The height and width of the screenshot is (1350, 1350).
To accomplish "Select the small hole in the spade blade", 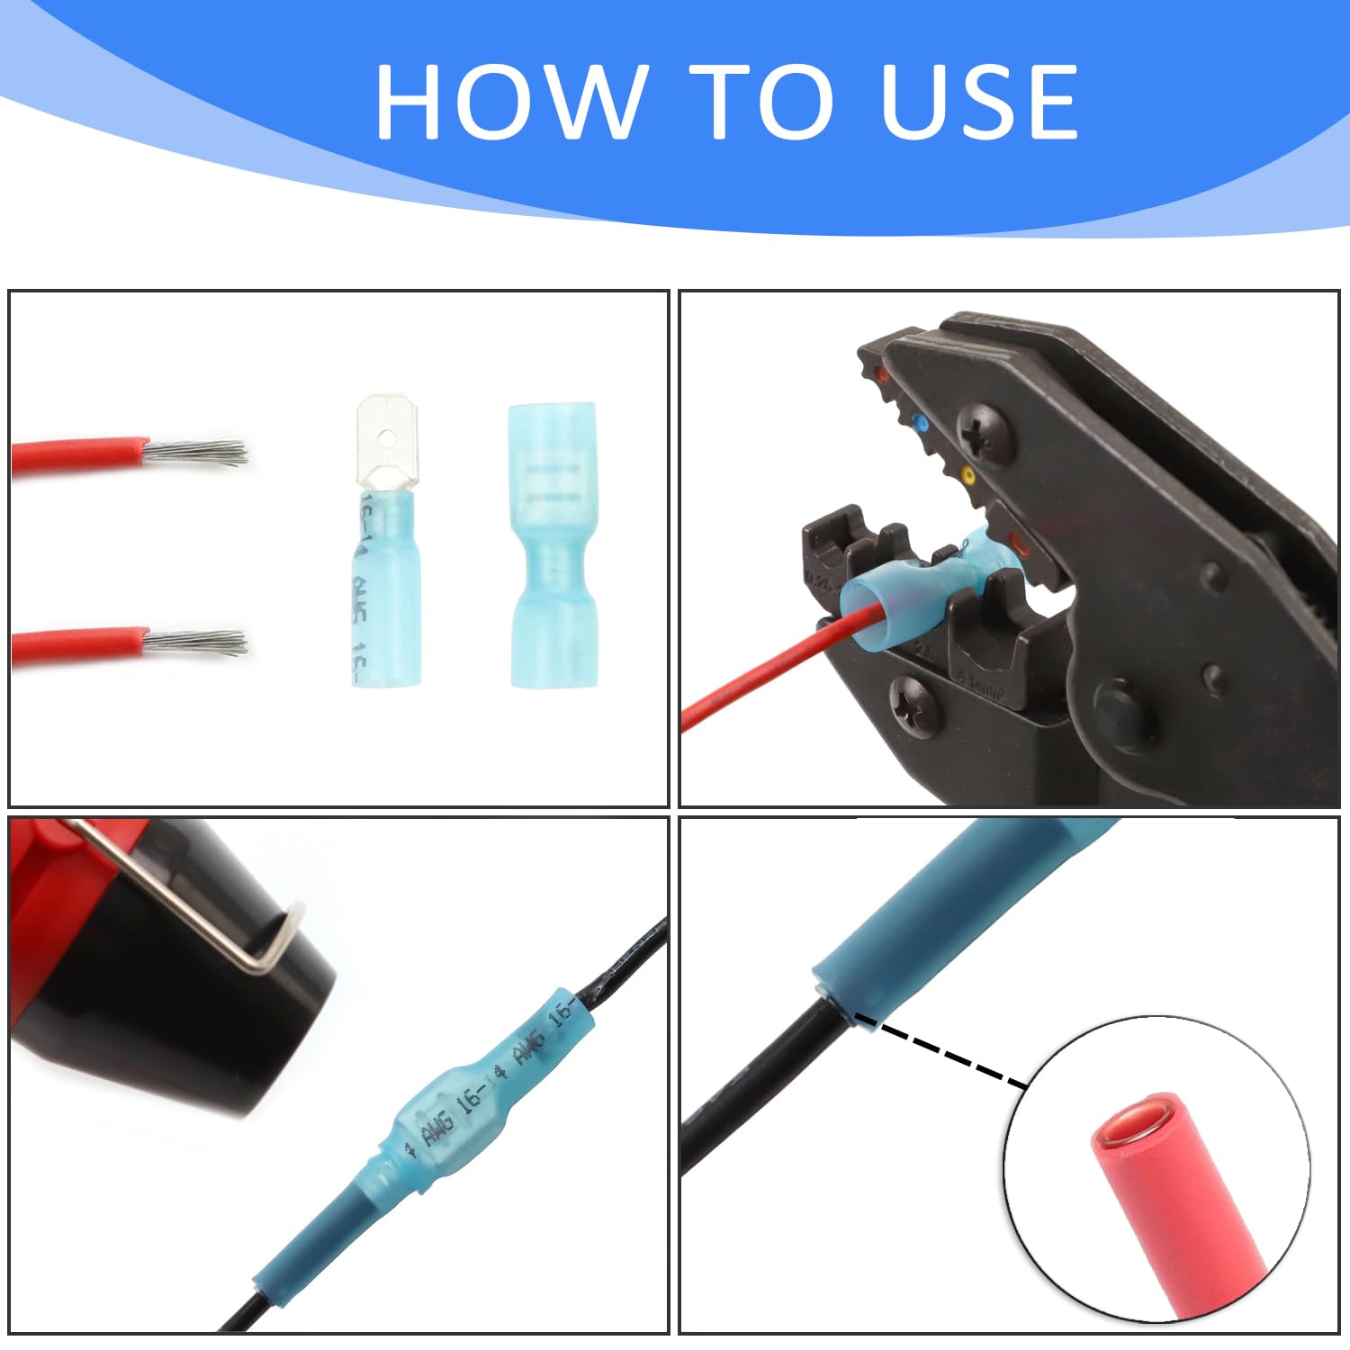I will coord(387,438).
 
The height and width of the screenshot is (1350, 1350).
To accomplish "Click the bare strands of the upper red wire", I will coord(198,451).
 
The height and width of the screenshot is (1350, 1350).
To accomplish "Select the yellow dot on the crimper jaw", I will coord(967,474).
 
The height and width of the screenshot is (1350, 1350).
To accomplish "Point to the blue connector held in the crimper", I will coord(918,594).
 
